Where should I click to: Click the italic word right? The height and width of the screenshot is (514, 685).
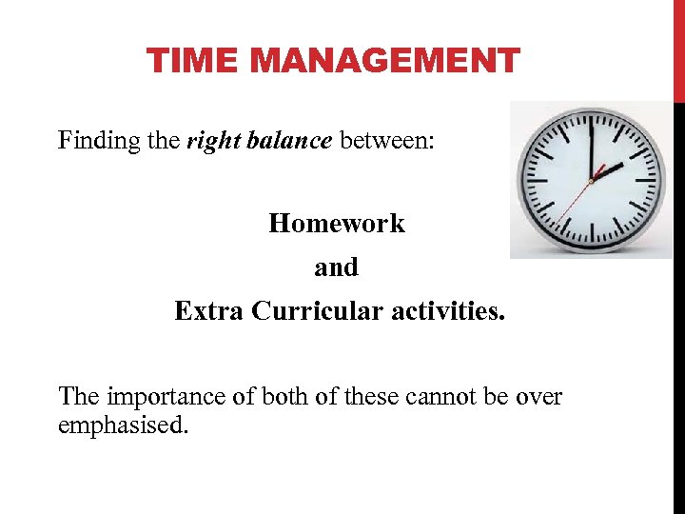(209, 141)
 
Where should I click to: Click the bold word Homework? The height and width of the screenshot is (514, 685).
(336, 224)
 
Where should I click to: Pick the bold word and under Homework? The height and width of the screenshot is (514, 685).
(336, 267)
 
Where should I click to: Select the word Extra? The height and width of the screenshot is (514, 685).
(209, 311)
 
